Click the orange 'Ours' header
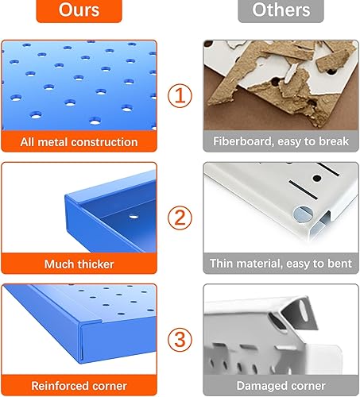point(79,11)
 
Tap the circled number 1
point(180,97)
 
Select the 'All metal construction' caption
point(79,142)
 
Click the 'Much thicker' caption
point(79,264)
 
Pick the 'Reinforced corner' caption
point(79,385)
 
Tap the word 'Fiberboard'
point(244,142)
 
